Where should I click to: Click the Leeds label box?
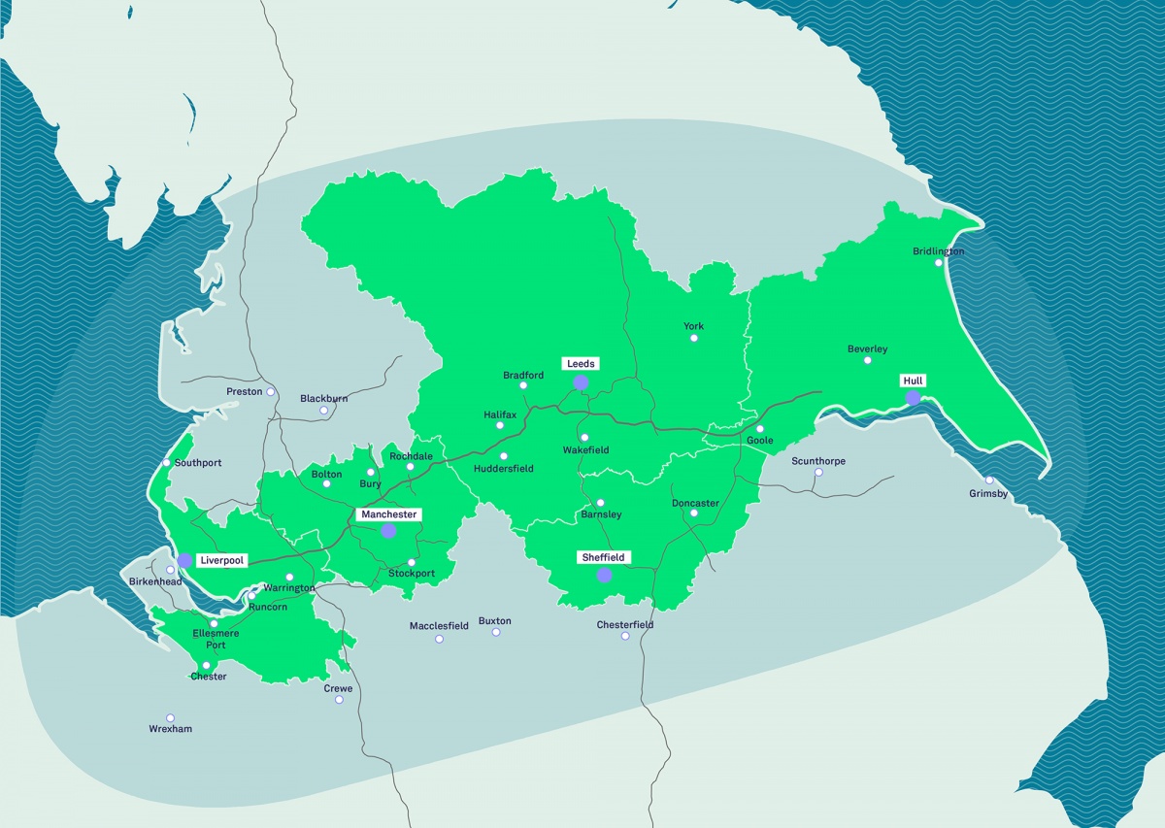tap(581, 364)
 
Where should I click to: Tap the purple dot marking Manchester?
tap(388, 530)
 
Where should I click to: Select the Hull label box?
tap(913, 381)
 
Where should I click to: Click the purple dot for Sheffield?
tap(604, 575)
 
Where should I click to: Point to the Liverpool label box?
tap(221, 560)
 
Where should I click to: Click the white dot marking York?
tap(694, 338)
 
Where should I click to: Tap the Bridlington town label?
tap(939, 251)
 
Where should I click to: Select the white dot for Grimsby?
tap(989, 480)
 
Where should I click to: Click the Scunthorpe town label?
tap(818, 461)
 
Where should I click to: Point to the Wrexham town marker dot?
tap(170, 718)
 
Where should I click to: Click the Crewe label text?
tap(339, 688)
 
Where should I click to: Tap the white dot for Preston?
tap(271, 392)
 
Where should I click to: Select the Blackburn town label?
tap(324, 398)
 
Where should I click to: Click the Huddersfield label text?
tap(504, 469)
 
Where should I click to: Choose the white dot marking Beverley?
tap(868, 360)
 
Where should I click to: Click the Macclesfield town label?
tap(439, 626)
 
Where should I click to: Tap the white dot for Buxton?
tap(496, 632)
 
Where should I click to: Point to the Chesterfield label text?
tap(625, 624)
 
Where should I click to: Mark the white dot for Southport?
tap(167, 462)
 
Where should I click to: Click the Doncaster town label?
tap(695, 503)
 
